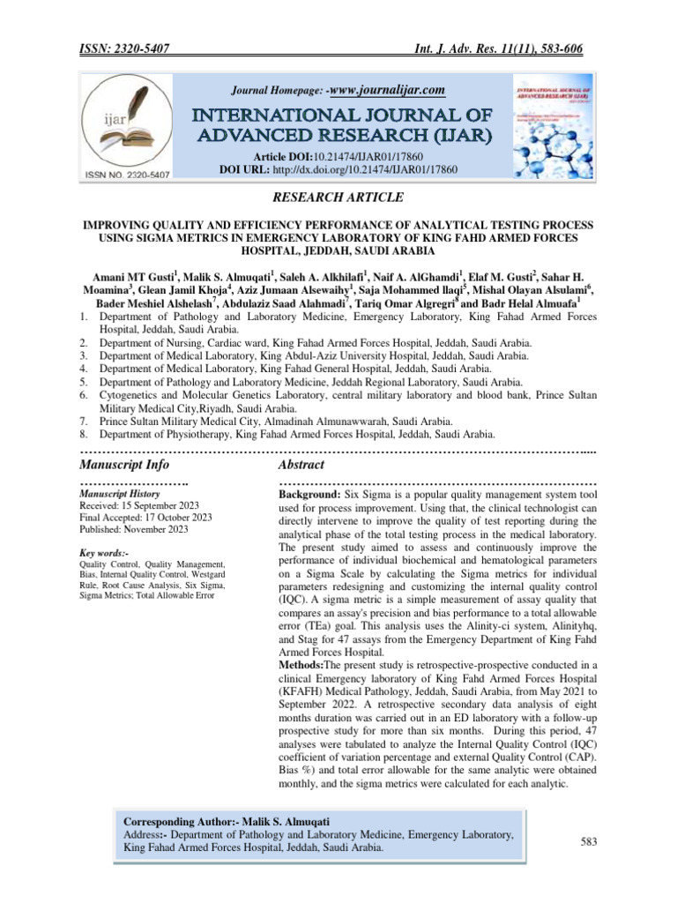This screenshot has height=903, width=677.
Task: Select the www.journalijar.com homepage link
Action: (x=386, y=89)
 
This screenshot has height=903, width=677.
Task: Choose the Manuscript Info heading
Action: (x=124, y=464)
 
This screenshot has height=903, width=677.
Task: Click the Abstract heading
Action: (x=301, y=464)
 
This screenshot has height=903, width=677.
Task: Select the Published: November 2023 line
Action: (x=133, y=529)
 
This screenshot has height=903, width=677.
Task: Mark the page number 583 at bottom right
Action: (x=589, y=841)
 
